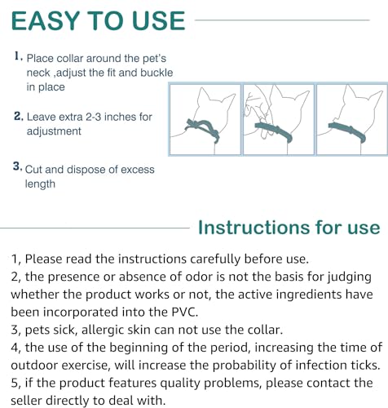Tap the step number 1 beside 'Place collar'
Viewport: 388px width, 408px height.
(18, 58)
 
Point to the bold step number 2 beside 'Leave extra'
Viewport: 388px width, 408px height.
(18, 116)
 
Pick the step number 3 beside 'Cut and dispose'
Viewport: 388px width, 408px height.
(17, 167)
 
